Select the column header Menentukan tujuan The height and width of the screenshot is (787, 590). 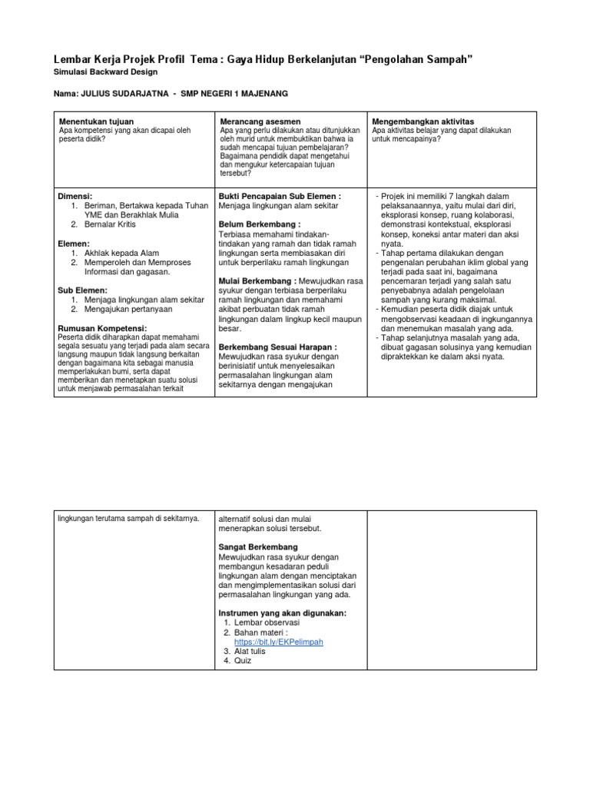click(x=96, y=122)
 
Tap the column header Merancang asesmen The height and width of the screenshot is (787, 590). click(x=254, y=122)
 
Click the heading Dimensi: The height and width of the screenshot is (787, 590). click(x=75, y=197)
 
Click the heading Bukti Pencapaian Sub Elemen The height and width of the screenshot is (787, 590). click(x=280, y=197)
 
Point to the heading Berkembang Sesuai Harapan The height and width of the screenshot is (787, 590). click(x=277, y=347)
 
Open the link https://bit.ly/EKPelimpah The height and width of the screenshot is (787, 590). click(x=279, y=642)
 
